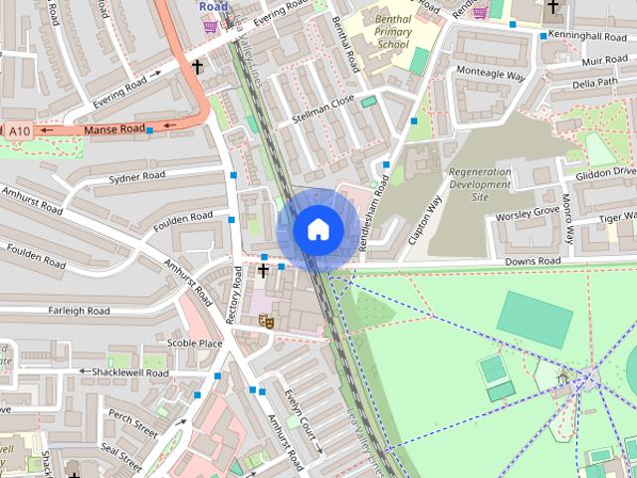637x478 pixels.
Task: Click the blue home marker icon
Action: [x=318, y=229]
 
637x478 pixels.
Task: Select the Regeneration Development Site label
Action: [x=481, y=184]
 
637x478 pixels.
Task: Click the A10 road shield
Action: [x=18, y=130]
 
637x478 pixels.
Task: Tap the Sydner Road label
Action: [x=136, y=177]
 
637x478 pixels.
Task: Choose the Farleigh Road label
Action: [x=79, y=311]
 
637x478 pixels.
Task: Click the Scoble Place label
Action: [x=194, y=343]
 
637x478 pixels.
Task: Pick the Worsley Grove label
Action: [x=528, y=212]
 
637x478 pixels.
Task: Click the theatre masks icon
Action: [x=265, y=321]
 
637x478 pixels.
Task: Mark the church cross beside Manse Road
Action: [x=197, y=68]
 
